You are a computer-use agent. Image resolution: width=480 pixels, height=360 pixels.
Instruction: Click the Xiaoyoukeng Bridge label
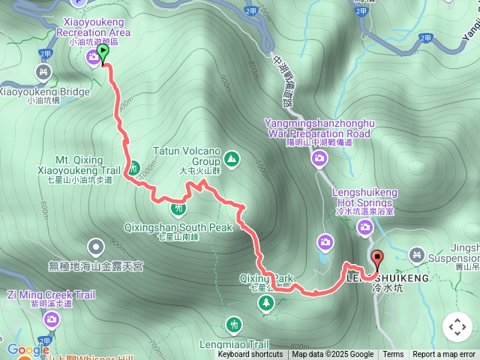point(43,91)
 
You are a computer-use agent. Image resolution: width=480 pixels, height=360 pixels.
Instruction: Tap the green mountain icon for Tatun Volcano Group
point(232,159)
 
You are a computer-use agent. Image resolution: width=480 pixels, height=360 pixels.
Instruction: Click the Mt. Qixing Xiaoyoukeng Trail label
point(84,165)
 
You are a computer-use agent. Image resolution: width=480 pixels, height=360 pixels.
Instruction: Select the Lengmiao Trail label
point(242,344)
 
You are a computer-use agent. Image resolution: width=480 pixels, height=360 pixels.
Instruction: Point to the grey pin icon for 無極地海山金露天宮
point(96,245)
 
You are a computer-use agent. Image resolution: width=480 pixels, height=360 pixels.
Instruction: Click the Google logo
point(28,349)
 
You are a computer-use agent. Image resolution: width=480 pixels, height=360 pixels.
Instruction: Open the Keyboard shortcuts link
point(250,355)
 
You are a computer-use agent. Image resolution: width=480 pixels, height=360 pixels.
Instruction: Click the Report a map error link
point(444,355)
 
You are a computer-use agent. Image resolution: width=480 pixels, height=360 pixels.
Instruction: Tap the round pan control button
point(457,327)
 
